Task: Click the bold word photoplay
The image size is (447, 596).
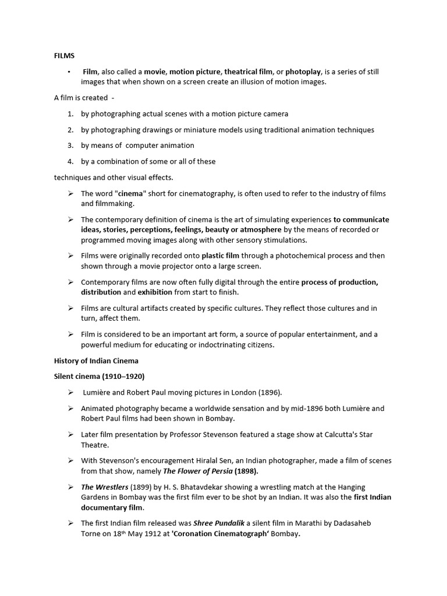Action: click(303, 72)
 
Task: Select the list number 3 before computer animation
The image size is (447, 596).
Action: click(70, 146)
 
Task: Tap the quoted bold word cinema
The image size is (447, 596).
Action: click(131, 194)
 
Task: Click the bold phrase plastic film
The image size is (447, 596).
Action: click(221, 256)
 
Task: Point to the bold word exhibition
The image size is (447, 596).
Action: click(155, 292)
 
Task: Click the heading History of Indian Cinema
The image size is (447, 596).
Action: click(96, 361)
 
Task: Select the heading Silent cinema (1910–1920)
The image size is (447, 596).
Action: click(99, 377)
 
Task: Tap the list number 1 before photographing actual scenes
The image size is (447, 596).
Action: click(70, 114)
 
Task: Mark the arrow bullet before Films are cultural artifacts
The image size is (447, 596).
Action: click(70, 308)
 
